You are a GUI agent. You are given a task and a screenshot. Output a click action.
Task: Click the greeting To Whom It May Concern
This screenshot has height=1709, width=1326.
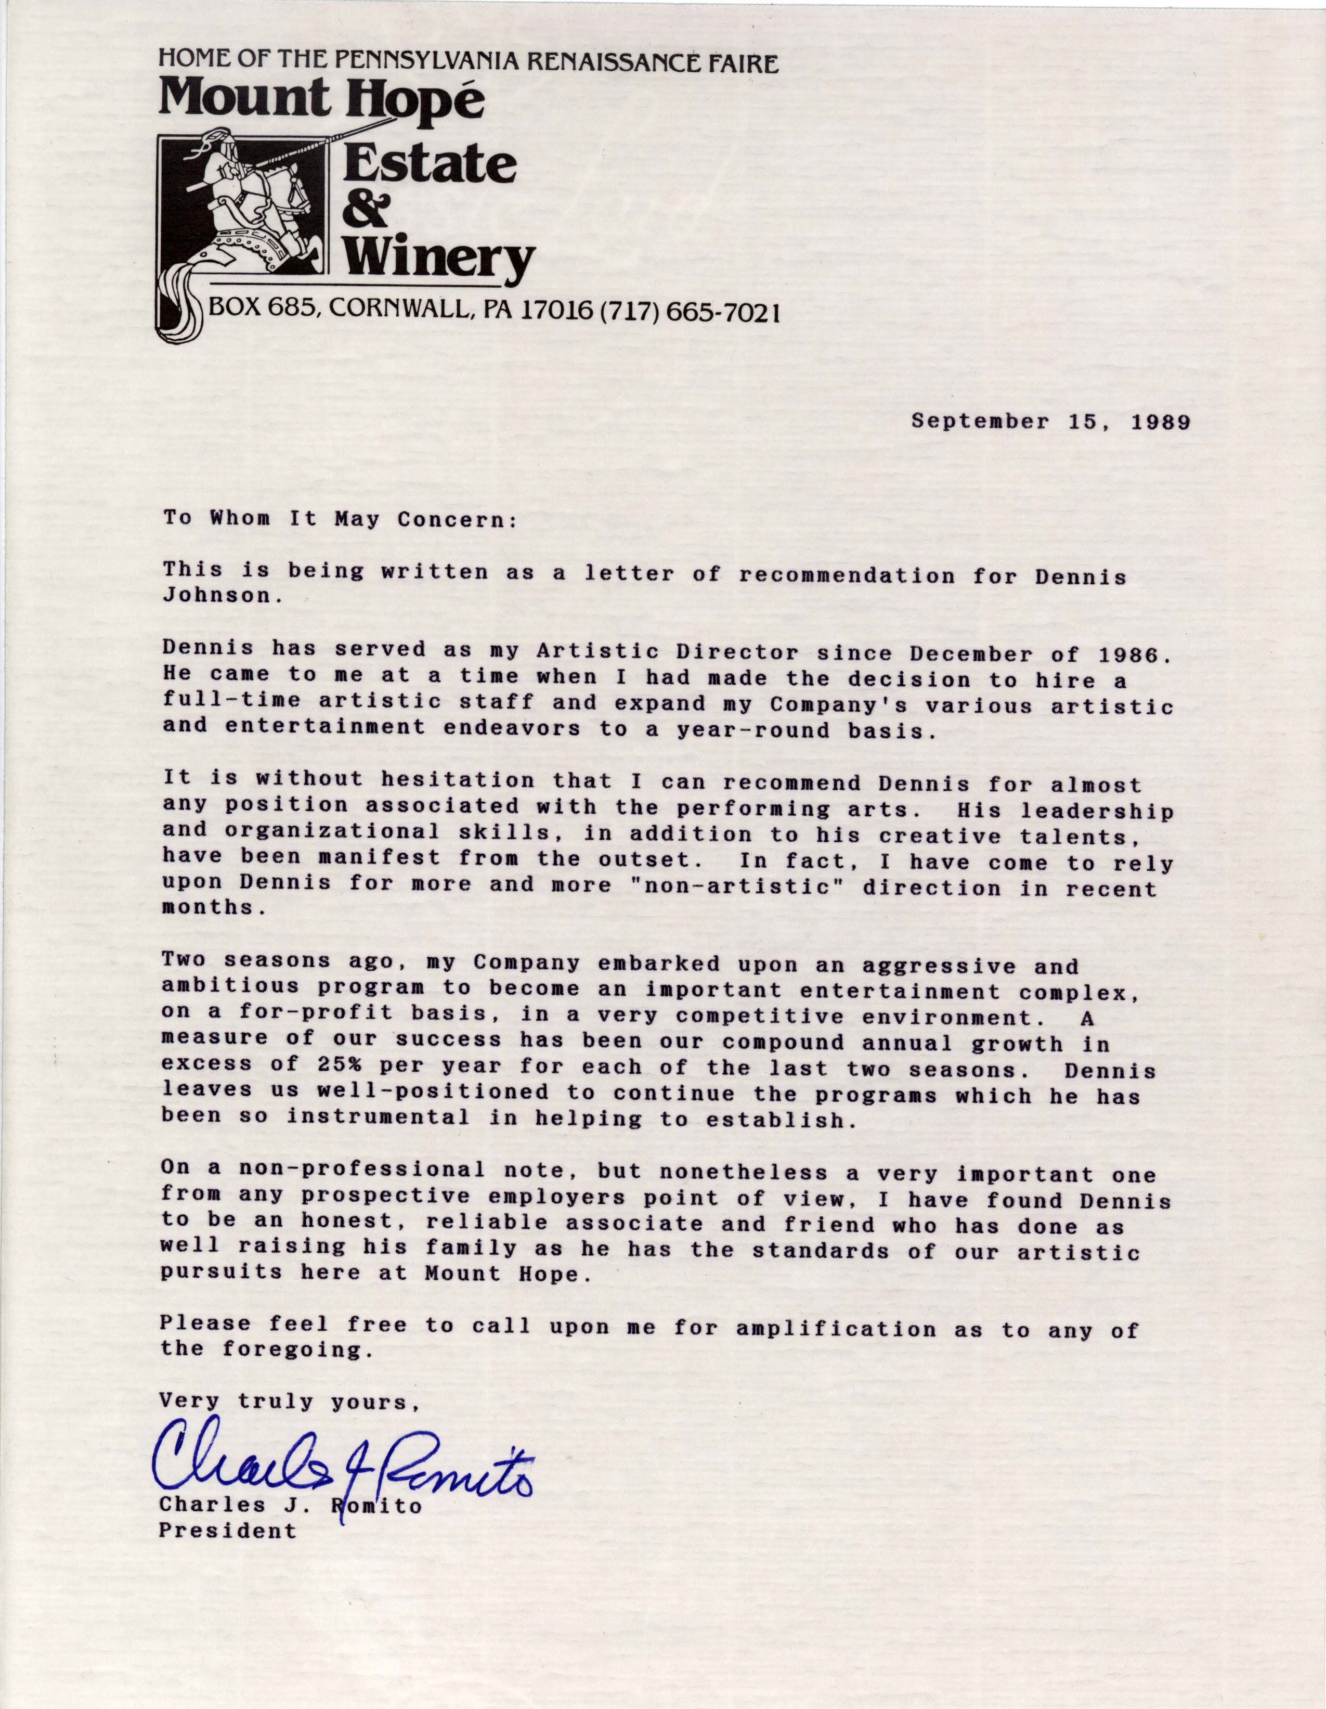click(340, 520)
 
